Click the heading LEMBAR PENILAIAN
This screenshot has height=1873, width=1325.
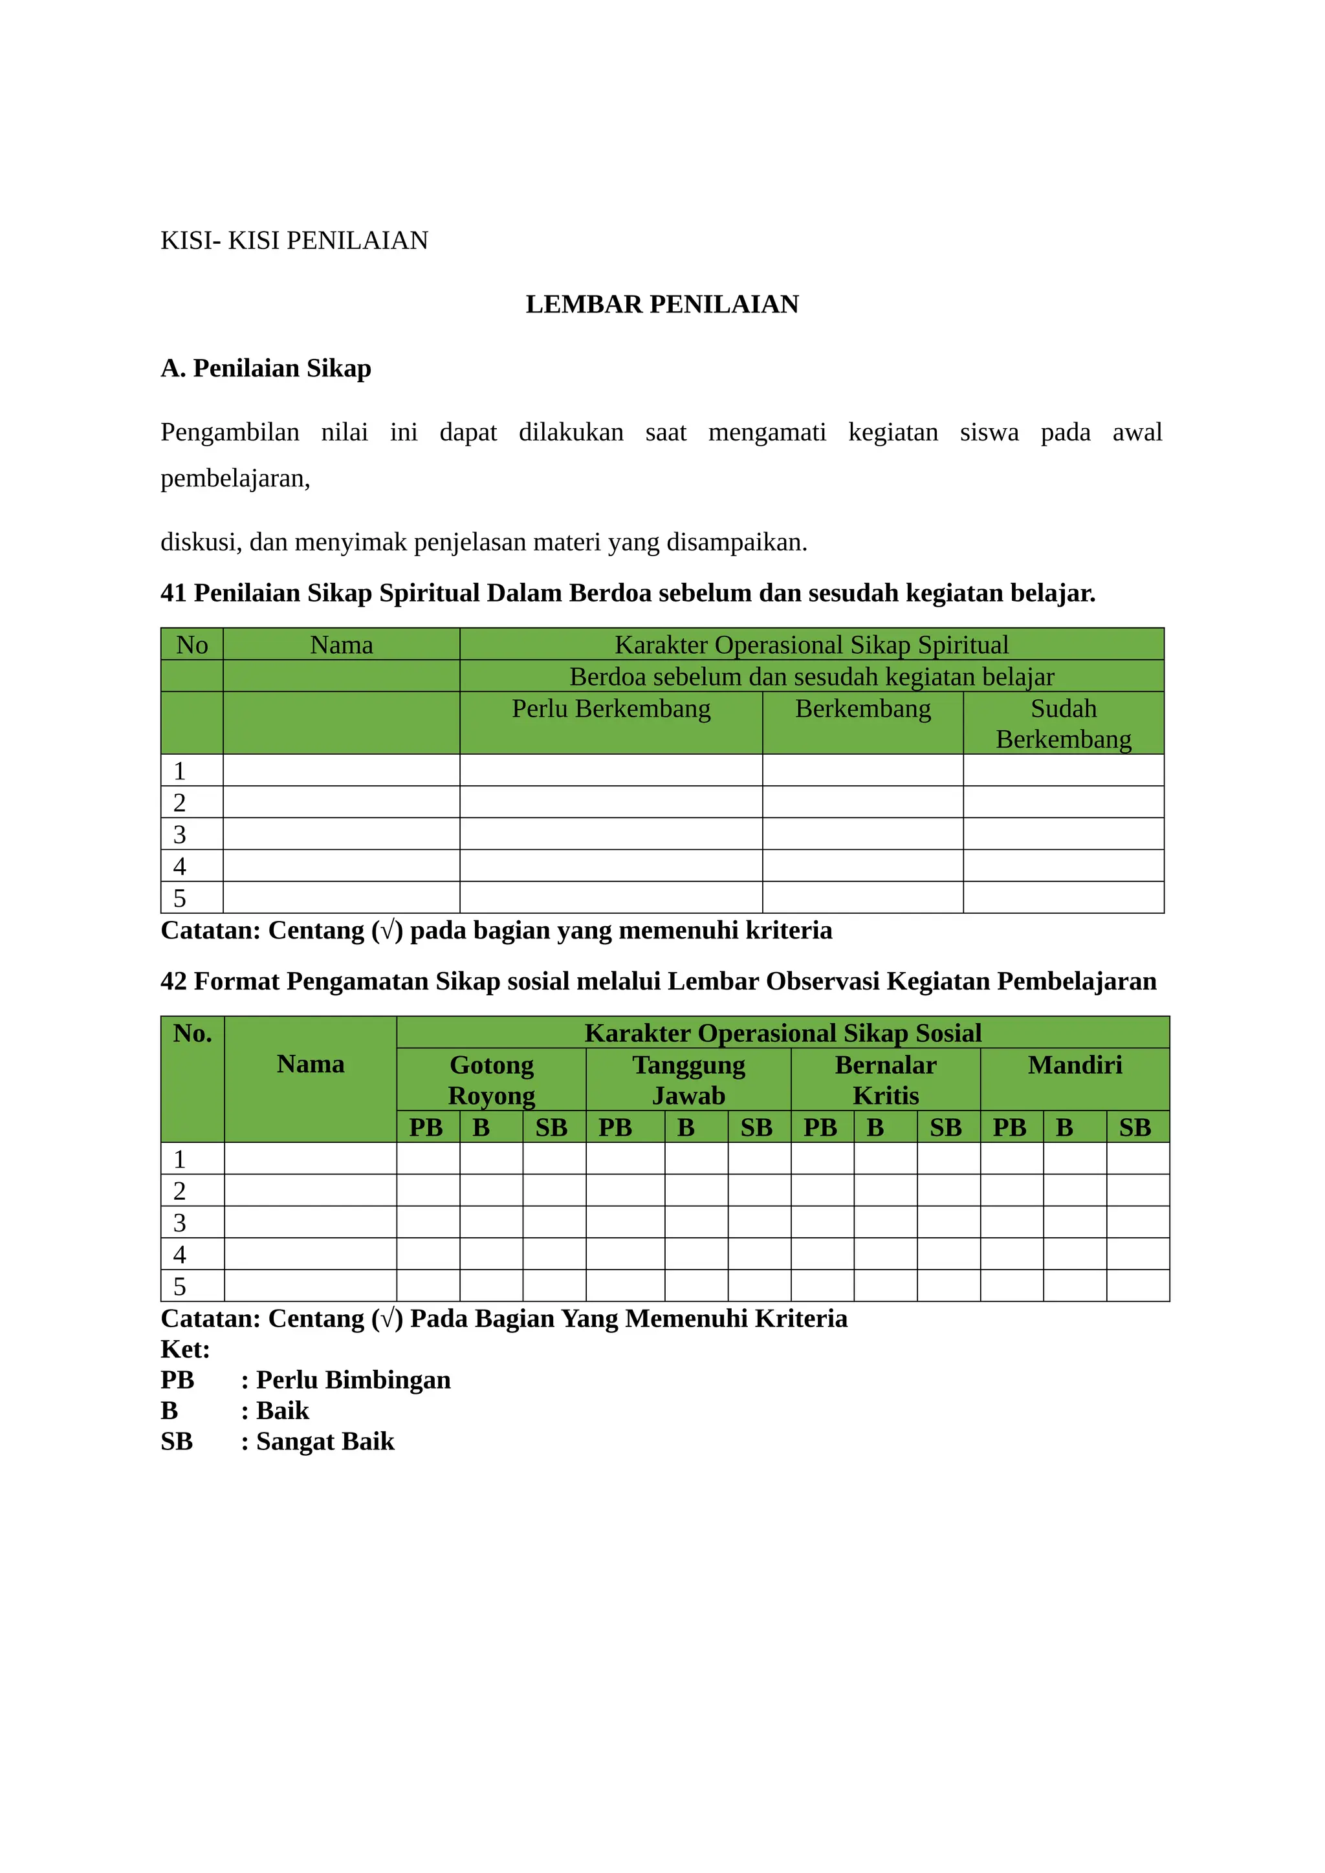[x=662, y=304]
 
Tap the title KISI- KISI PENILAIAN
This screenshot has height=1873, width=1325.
[x=294, y=241]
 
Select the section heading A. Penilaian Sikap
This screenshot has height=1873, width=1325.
[x=265, y=368]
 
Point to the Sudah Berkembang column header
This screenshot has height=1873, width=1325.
[x=1063, y=724]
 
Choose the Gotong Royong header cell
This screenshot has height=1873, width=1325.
[x=491, y=1079]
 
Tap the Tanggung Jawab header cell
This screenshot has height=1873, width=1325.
[x=688, y=1079]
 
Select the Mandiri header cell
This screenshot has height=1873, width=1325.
[x=1075, y=1065]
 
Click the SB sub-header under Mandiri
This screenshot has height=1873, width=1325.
[x=1135, y=1127]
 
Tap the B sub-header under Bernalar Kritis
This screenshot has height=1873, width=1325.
[x=875, y=1127]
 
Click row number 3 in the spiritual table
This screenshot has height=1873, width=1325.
[x=181, y=834]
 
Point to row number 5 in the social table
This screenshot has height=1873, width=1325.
[x=181, y=1286]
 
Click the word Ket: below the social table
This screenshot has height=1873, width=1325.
[x=185, y=1349]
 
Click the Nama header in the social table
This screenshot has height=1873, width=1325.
[x=310, y=1065]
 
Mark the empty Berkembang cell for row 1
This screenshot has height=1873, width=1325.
[x=862, y=771]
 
